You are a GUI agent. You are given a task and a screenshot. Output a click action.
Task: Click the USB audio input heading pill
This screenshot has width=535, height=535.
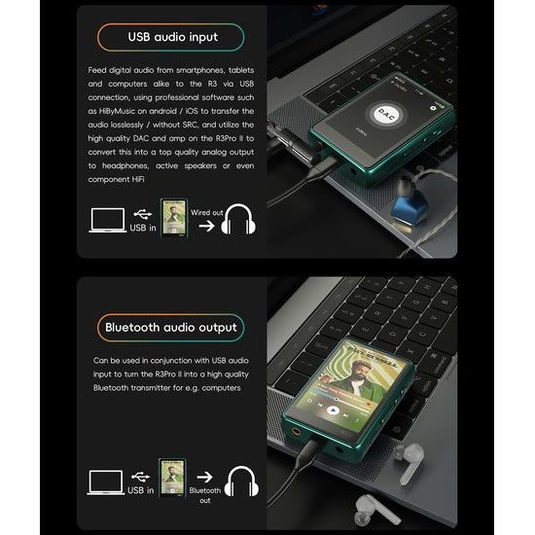click(x=172, y=37)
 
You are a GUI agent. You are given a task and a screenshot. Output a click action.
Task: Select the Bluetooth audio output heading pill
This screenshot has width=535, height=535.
click(x=172, y=327)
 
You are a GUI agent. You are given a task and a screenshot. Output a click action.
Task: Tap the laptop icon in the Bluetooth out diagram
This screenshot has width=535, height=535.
click(x=105, y=481)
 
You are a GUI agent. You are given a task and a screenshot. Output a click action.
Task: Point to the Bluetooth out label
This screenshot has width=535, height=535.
click(x=205, y=495)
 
